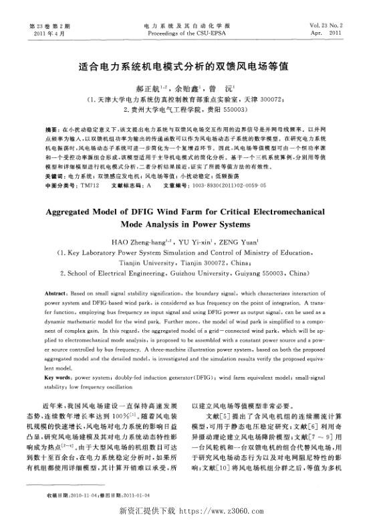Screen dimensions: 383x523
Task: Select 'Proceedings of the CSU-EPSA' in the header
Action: coord(190,31)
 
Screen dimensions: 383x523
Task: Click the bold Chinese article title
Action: coord(190,67)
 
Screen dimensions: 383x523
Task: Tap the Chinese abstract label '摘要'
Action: coord(51,126)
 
